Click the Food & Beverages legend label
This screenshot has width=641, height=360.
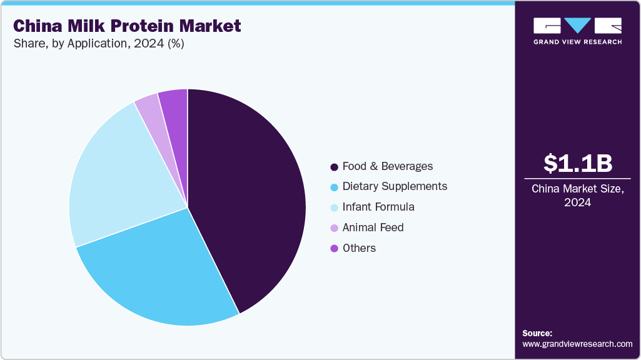point(388,166)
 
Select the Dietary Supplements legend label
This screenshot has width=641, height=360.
point(395,186)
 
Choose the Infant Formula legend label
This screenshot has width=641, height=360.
point(378,207)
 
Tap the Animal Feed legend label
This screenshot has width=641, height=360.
point(373,227)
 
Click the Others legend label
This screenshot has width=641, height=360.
point(359,248)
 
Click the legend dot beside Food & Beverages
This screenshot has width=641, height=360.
point(335,167)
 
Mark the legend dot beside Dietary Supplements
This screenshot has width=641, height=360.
point(335,187)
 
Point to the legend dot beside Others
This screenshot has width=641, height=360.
point(335,249)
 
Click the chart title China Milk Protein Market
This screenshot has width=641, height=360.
point(127,26)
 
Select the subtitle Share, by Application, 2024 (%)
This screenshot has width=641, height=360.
point(99,44)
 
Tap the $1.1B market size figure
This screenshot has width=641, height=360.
point(577,163)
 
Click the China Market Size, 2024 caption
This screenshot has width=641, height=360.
point(577,196)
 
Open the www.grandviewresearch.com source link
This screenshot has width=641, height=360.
point(577,344)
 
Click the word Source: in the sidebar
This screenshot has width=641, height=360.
point(537,333)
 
